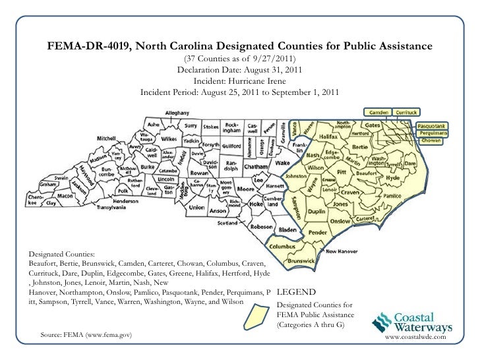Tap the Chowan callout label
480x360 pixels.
click(431, 140)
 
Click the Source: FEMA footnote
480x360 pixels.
click(86, 336)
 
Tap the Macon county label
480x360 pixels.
click(65, 196)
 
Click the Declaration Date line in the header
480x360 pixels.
click(239, 69)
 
